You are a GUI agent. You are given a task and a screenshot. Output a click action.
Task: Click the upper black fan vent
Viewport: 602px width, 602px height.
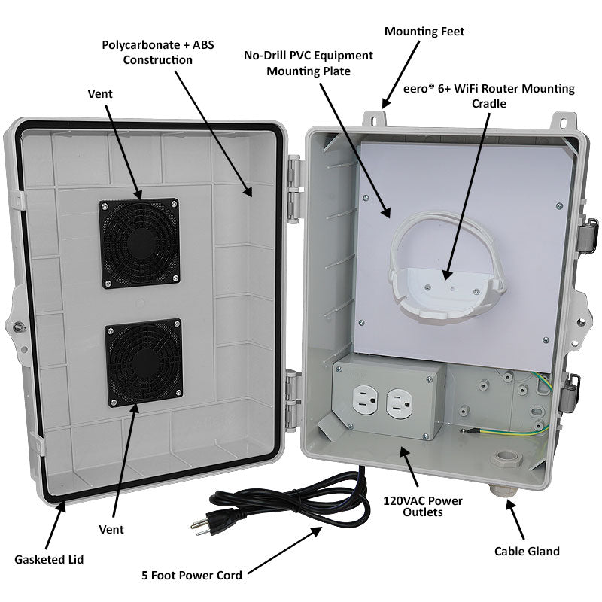coord(138,243)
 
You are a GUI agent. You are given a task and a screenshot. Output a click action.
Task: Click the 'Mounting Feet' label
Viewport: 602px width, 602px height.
coord(424,32)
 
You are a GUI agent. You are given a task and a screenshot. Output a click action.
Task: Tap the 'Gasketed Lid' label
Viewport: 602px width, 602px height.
coord(49,559)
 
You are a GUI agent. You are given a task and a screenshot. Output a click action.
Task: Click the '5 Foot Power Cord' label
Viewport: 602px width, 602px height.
coord(192,576)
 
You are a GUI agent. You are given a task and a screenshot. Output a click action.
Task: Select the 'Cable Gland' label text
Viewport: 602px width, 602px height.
coord(527,551)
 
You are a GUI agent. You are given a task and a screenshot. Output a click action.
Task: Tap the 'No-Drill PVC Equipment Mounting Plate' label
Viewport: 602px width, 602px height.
coord(309,63)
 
